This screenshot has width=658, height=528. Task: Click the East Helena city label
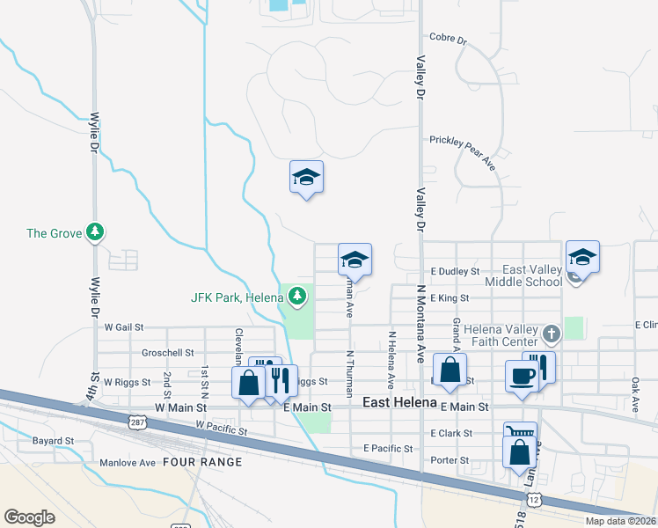pyautogui.click(x=400, y=402)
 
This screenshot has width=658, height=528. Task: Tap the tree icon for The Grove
pyautogui.click(x=95, y=232)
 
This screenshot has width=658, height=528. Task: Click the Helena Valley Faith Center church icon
pyautogui.click(x=552, y=334)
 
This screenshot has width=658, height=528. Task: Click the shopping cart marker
pyautogui.click(x=520, y=433)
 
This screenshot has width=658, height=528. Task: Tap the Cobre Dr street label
pyautogui.click(x=448, y=39)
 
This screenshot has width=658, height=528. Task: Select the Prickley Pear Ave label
pyautogui.click(x=463, y=141)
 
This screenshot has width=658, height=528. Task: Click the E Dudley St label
pyautogui.click(x=455, y=273)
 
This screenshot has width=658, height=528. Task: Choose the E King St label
pyautogui.click(x=449, y=299)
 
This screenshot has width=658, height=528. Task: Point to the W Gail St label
pyautogui.click(x=123, y=326)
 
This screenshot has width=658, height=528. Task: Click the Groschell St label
pyautogui.click(x=167, y=353)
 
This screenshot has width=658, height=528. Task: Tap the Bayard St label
pyautogui.click(x=53, y=440)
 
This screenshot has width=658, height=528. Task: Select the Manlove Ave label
pyautogui.click(x=127, y=462)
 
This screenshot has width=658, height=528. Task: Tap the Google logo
pyautogui.click(x=29, y=517)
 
